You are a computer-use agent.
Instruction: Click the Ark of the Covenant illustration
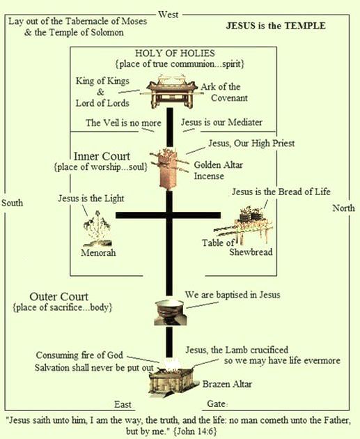(x=171, y=91)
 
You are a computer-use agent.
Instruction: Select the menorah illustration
(x=97, y=229)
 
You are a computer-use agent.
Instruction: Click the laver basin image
(x=171, y=312)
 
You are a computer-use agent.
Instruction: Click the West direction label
(x=168, y=15)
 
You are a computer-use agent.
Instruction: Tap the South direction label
(x=12, y=202)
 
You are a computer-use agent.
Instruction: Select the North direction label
(x=343, y=208)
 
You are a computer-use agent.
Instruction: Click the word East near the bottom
(x=123, y=404)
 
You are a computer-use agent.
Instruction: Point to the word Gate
(x=217, y=403)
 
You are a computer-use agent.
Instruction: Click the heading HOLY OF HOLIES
(x=175, y=53)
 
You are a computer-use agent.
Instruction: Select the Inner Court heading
(x=102, y=156)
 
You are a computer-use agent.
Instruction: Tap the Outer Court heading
(x=58, y=296)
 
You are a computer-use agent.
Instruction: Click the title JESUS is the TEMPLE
(x=276, y=26)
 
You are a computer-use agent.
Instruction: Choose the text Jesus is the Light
(x=91, y=198)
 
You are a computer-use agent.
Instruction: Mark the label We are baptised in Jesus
(x=233, y=295)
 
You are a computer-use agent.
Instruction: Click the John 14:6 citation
(x=195, y=431)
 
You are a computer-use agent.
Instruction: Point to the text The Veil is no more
(x=123, y=123)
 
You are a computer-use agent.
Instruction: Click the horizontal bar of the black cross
(x=168, y=215)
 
